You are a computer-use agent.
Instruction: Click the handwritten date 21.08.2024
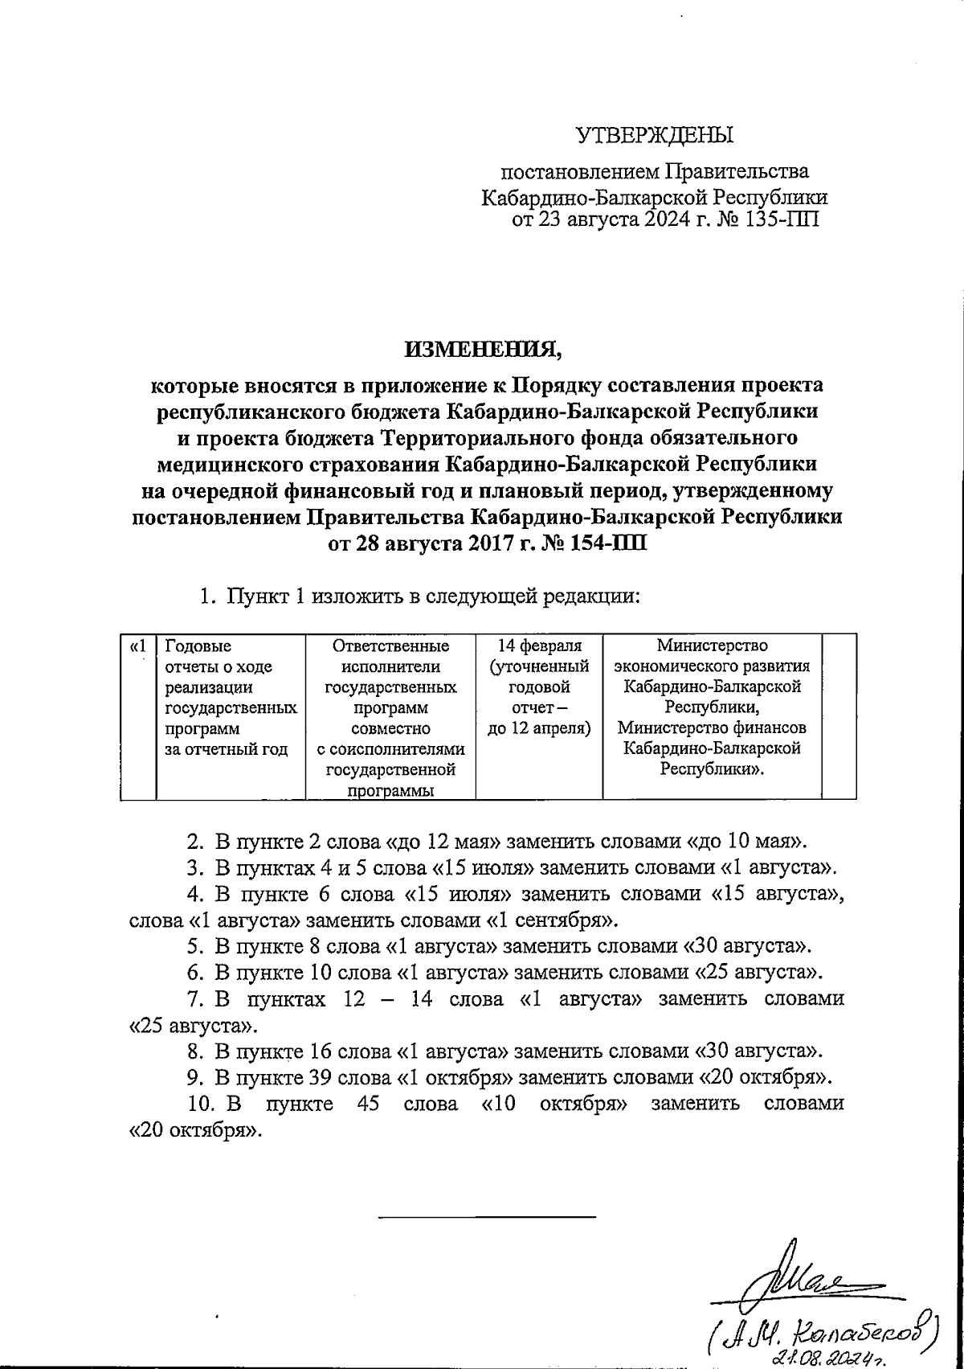pyautogui.click(x=827, y=1357)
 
